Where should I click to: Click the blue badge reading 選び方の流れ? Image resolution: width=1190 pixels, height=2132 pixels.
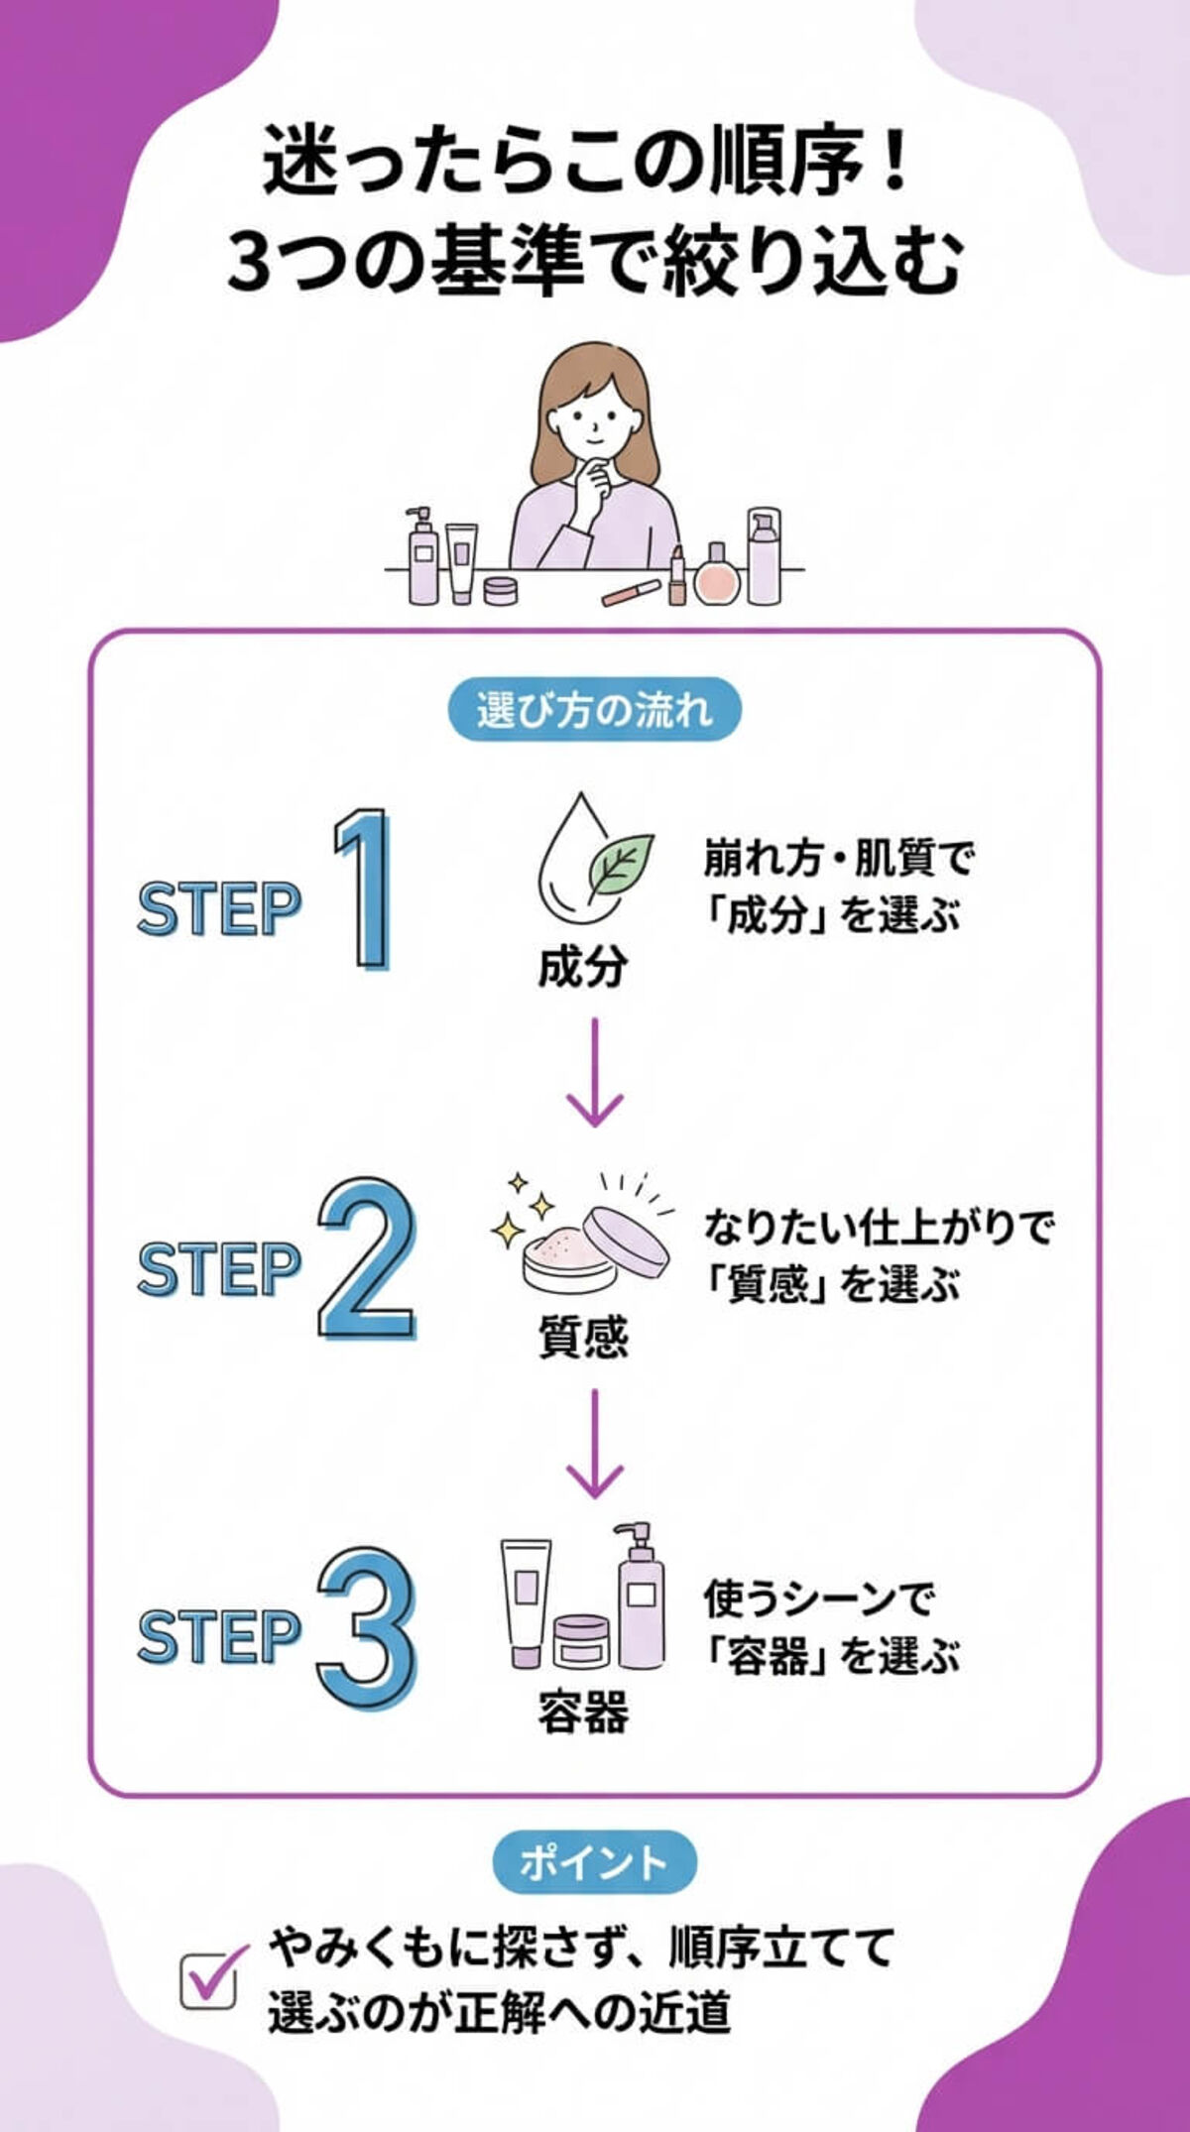point(594,710)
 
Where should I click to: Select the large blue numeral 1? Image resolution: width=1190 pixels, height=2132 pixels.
point(363,889)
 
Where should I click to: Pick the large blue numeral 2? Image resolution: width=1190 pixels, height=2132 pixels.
point(364,1258)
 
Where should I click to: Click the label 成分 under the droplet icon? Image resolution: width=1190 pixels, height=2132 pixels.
point(583,966)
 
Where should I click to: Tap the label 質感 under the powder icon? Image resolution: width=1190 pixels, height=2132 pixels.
point(583,1336)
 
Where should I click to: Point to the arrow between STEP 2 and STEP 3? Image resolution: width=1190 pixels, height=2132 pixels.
point(594,1444)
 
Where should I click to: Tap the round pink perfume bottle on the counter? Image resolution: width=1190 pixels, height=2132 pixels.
point(716,579)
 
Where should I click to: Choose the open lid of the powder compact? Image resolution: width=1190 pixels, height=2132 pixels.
point(627,1240)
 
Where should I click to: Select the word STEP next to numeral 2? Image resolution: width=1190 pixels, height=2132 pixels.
point(218,1269)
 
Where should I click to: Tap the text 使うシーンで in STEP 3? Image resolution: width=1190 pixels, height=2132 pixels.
point(818,1599)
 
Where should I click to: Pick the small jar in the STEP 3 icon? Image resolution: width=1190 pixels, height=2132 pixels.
point(581,1641)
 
